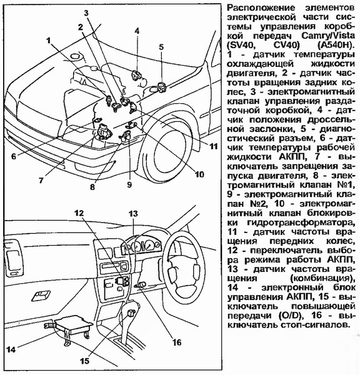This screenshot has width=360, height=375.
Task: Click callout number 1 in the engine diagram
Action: pos(49,41)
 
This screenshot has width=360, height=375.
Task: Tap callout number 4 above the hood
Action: pos(137,31)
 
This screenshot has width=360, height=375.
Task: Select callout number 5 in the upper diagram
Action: pos(161,47)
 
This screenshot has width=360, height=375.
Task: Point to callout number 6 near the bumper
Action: pos(14,156)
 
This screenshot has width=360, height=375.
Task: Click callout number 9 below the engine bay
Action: pos(129,184)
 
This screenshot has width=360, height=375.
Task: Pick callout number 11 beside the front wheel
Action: pos(213,146)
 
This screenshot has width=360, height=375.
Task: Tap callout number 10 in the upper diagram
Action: pos(199,174)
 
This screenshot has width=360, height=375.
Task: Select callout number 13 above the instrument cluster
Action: pos(133,214)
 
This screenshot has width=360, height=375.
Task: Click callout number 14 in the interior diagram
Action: pos(11,349)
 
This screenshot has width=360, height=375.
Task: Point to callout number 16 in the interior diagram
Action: pos(177,342)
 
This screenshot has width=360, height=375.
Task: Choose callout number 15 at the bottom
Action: pos(84,361)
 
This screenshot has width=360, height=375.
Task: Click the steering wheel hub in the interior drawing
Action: pos(184,272)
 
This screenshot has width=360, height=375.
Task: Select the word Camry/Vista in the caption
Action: pos(328,36)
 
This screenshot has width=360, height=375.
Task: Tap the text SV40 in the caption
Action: pos(241,45)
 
